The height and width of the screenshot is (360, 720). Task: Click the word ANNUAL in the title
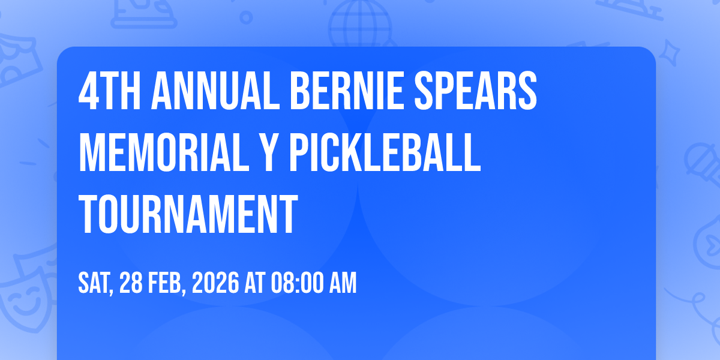[x=215, y=91]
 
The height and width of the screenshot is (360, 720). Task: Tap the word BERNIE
[x=347, y=91]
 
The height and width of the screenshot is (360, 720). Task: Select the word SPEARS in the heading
[x=475, y=91]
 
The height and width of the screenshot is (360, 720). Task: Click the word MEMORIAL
[x=164, y=152]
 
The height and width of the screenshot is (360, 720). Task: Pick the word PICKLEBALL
[x=385, y=152]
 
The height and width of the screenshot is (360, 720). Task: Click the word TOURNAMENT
[x=188, y=214]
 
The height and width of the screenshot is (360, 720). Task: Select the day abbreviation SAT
[x=96, y=283]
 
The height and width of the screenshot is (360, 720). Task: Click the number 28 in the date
[x=131, y=283]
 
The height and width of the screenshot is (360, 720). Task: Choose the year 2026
[x=215, y=283]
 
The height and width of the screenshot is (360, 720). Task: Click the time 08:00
[x=297, y=283]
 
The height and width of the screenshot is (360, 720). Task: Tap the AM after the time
[x=343, y=283]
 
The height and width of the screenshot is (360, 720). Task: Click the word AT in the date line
[x=255, y=283]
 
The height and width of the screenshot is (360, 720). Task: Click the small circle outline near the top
[x=246, y=17]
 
